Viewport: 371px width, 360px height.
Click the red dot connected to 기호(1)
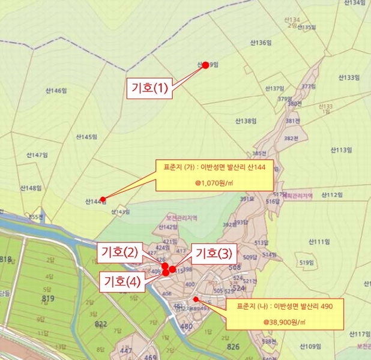[205, 65]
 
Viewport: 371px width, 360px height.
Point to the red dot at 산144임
[103, 199]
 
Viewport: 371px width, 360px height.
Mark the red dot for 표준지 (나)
[196, 299]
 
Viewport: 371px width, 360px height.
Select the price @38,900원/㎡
[285, 322]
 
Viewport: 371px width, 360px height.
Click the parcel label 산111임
[320, 241]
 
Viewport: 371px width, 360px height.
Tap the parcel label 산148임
[30, 188]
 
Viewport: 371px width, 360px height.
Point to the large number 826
[232, 347]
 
